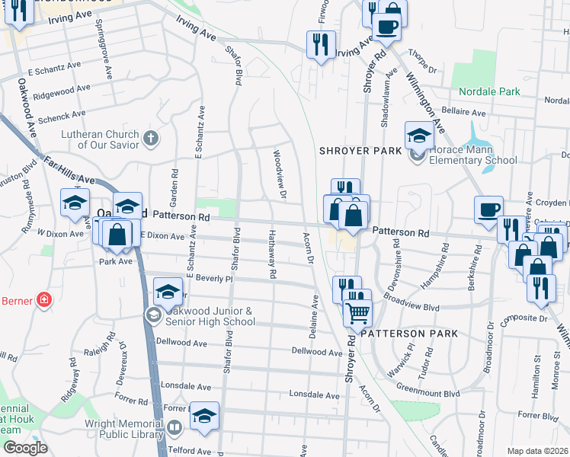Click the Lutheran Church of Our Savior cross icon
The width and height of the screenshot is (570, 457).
point(151,139)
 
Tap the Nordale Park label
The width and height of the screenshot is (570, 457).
point(490,91)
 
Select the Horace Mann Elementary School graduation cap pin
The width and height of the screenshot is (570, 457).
point(418,136)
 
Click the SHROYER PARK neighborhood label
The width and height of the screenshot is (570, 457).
point(360,151)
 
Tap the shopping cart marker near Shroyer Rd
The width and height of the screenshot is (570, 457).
point(357,312)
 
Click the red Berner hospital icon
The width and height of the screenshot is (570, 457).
point(45,300)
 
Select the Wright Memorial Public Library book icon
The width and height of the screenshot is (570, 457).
point(175,428)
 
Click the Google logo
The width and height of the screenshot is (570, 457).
point(25,447)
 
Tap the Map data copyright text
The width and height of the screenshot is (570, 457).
point(537,451)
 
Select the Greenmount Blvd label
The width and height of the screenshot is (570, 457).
point(431,394)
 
